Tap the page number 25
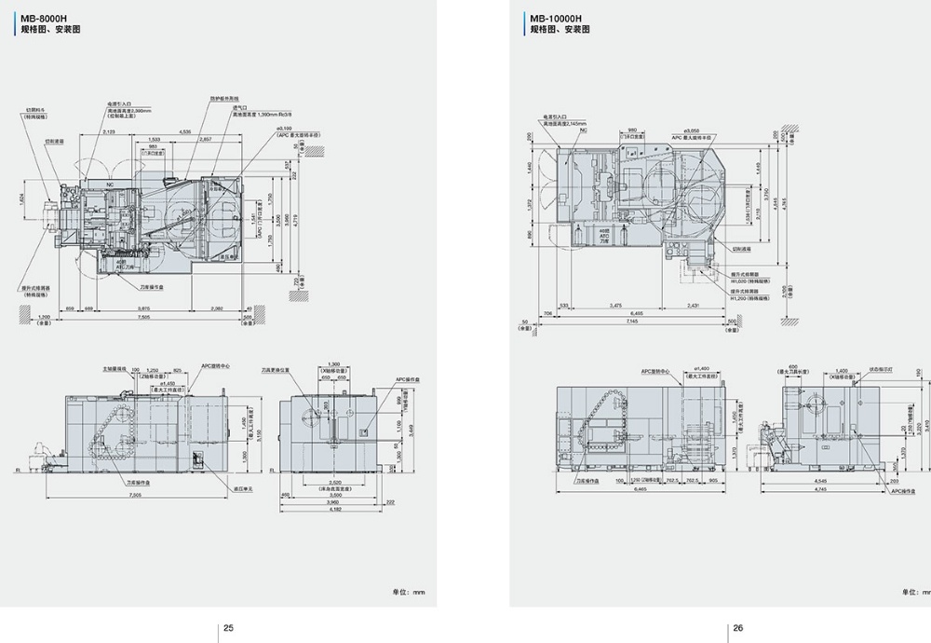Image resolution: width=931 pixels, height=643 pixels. [228, 627]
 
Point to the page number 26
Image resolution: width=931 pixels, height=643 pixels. [737, 627]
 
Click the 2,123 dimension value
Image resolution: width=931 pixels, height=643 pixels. [110, 132]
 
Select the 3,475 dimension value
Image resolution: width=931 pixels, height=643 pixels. [615, 306]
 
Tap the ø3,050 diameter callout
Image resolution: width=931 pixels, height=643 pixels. [691, 130]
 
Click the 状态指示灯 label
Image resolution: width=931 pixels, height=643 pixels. [881, 370]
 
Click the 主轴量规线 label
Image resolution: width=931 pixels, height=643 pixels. [115, 369]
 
